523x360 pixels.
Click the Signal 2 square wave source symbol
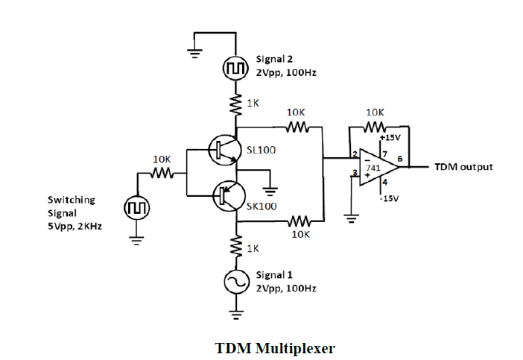[x=235, y=69]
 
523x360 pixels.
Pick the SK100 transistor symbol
[x=224, y=195]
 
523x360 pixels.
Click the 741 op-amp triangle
[x=377, y=166]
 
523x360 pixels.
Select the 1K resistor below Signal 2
[x=236, y=104]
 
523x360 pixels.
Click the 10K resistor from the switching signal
[x=162, y=173]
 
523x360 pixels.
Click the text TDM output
[x=463, y=167]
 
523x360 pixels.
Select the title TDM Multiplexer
[x=275, y=348]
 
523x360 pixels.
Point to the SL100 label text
[x=261, y=150]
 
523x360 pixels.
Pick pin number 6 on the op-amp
[x=400, y=159]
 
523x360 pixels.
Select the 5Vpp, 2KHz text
[x=75, y=226]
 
